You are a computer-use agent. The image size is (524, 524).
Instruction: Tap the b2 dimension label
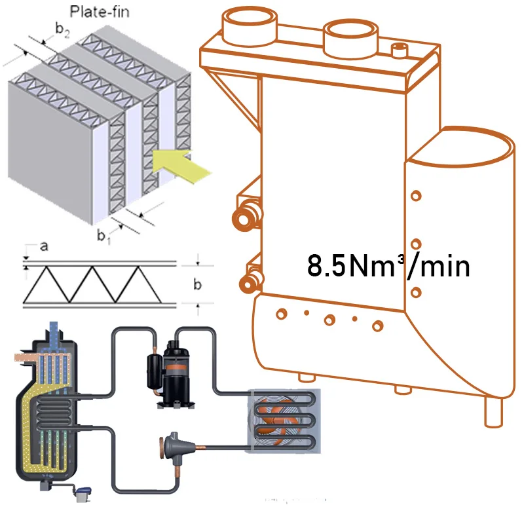(61, 31)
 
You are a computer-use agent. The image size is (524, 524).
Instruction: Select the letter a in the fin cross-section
(44, 248)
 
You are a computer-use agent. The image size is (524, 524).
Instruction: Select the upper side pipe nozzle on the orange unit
(246, 219)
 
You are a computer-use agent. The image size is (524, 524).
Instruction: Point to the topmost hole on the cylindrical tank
(415, 195)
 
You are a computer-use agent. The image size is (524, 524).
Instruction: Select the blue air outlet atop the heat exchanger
(53, 333)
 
